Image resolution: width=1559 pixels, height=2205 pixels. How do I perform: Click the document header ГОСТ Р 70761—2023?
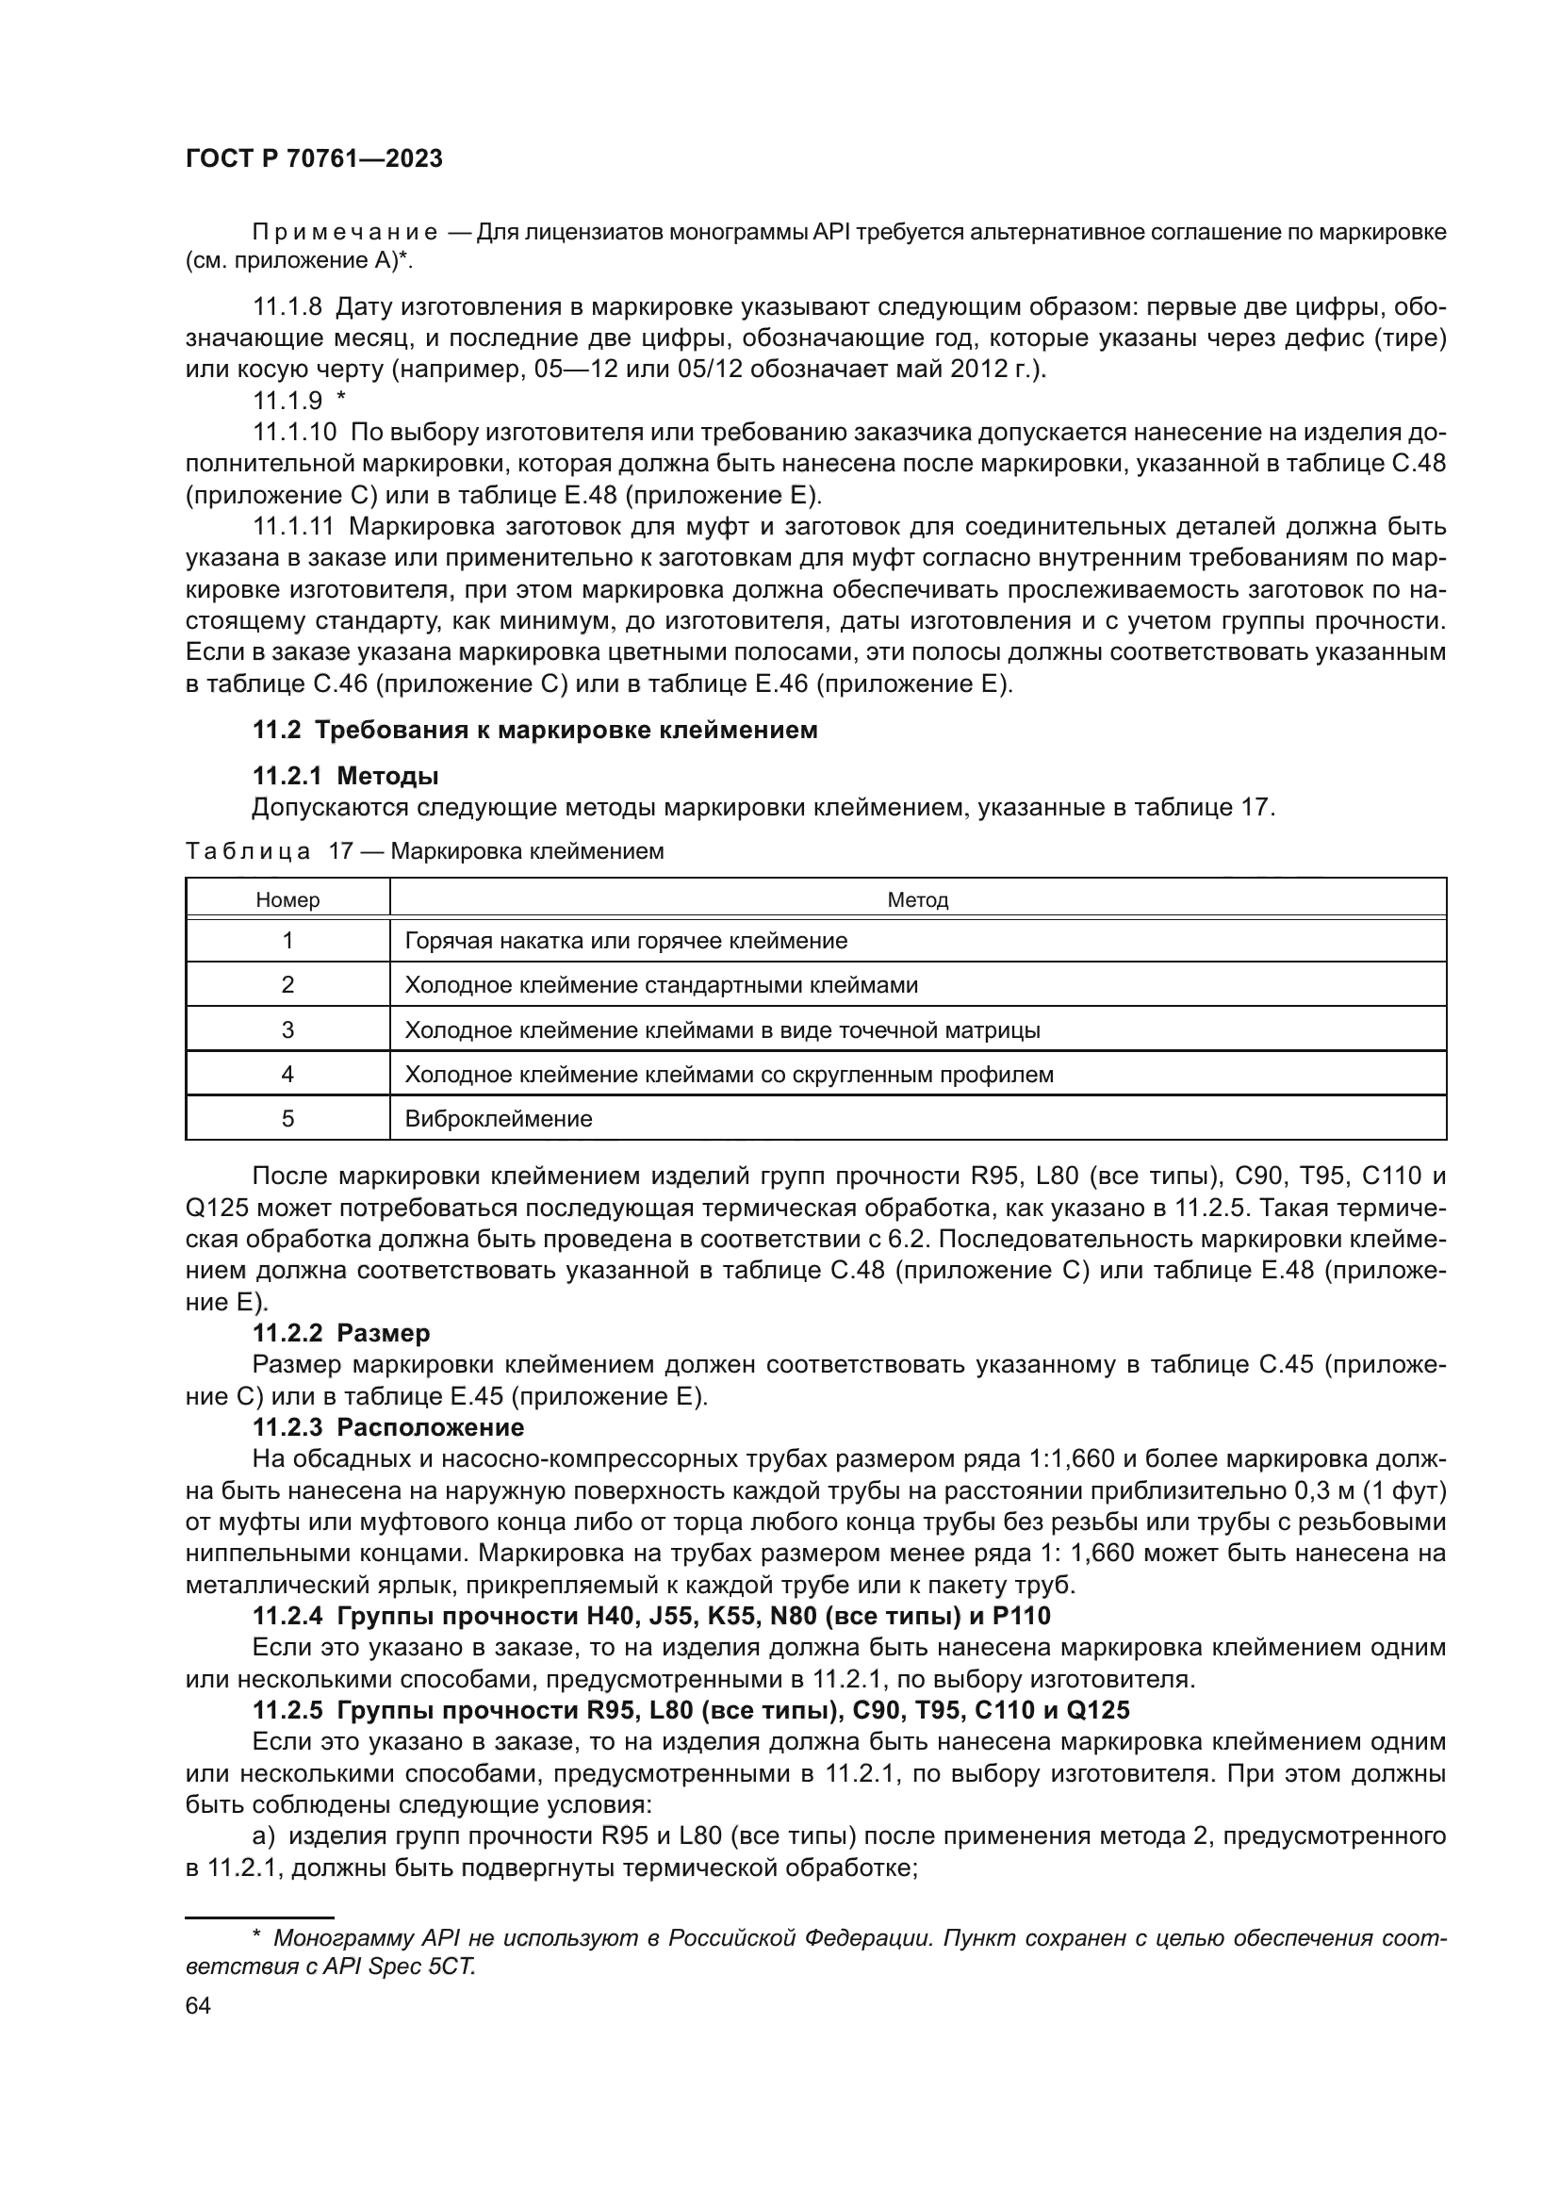313,159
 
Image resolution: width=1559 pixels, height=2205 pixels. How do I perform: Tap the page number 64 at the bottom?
198,2005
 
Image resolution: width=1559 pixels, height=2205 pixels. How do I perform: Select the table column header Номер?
287,900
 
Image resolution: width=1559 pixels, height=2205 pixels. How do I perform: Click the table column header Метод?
917,900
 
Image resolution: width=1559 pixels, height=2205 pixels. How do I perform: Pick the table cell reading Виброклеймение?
499,1119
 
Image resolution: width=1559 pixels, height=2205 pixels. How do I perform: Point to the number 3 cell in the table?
287,1029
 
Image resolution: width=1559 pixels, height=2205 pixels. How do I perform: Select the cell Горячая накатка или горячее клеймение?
626,940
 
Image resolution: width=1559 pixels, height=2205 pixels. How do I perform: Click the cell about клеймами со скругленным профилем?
729,1074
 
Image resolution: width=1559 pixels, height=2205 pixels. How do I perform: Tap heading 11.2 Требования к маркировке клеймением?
534,730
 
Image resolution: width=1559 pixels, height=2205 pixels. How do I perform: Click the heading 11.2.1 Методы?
346,775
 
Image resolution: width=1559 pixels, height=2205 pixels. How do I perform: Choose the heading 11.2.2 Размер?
341,1333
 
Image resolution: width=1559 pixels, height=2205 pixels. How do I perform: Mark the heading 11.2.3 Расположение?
387,1426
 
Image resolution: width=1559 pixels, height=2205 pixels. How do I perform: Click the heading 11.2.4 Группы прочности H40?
651,1617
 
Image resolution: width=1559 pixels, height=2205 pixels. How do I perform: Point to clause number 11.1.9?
287,401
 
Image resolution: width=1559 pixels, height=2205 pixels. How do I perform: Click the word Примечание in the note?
345,233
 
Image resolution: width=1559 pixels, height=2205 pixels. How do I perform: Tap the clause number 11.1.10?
294,432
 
